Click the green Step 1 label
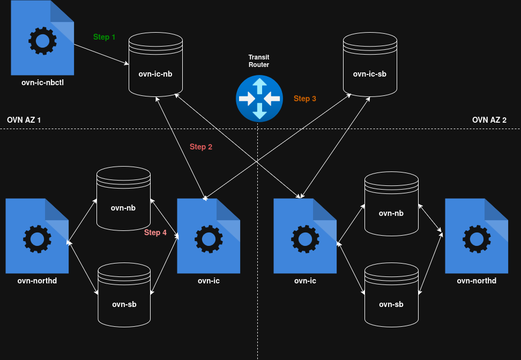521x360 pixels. click(x=105, y=37)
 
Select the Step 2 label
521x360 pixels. click(x=201, y=147)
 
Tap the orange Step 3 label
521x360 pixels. click(x=304, y=99)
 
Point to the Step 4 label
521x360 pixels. click(x=155, y=232)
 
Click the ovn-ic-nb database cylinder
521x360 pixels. click(x=155, y=64)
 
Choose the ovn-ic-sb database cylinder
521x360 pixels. click(x=370, y=64)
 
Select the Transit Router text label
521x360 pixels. click(x=259, y=61)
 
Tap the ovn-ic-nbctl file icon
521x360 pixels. click(x=42, y=38)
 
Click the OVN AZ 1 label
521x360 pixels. click(x=24, y=120)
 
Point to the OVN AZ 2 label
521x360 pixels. click(x=489, y=120)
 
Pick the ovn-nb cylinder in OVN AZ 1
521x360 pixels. click(x=123, y=198)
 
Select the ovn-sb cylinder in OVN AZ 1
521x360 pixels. click(x=124, y=295)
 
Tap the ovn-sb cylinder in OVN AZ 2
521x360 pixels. click(x=391, y=295)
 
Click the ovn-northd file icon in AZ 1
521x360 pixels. click(x=37, y=236)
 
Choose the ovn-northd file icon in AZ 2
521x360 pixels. click(x=477, y=236)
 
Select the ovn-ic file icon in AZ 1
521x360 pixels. click(x=209, y=236)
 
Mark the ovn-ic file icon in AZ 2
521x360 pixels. click(x=305, y=236)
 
